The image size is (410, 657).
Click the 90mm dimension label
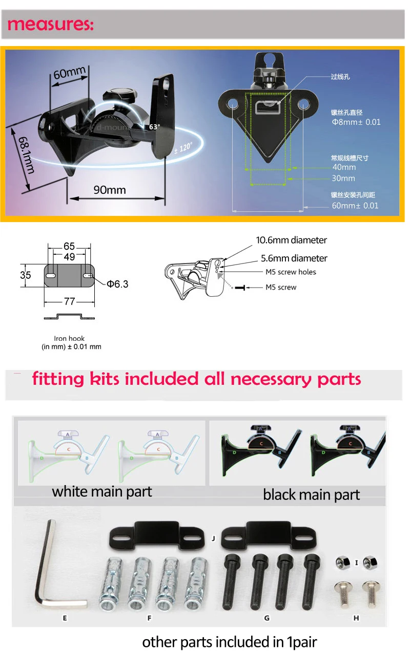pos(109,190)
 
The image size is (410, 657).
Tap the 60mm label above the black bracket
pos(69,73)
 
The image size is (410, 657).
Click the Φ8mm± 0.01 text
pos(356,122)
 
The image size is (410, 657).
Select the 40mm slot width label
pos(343,167)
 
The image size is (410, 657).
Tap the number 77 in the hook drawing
pos(69,301)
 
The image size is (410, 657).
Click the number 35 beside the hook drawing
pos(26,275)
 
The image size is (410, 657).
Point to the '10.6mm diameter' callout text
pos(291,240)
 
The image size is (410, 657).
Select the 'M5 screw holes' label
pos(291,272)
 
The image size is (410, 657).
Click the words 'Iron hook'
pos(69,338)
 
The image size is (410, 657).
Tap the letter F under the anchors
pos(150,618)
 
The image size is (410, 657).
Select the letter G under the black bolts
pos(266,618)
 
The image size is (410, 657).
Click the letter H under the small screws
pos(356,618)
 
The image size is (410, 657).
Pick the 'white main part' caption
pos(102,492)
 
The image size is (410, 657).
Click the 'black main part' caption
pos(311,494)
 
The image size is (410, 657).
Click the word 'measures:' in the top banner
pos(50,24)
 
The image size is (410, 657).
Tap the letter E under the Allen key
pos(65,618)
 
